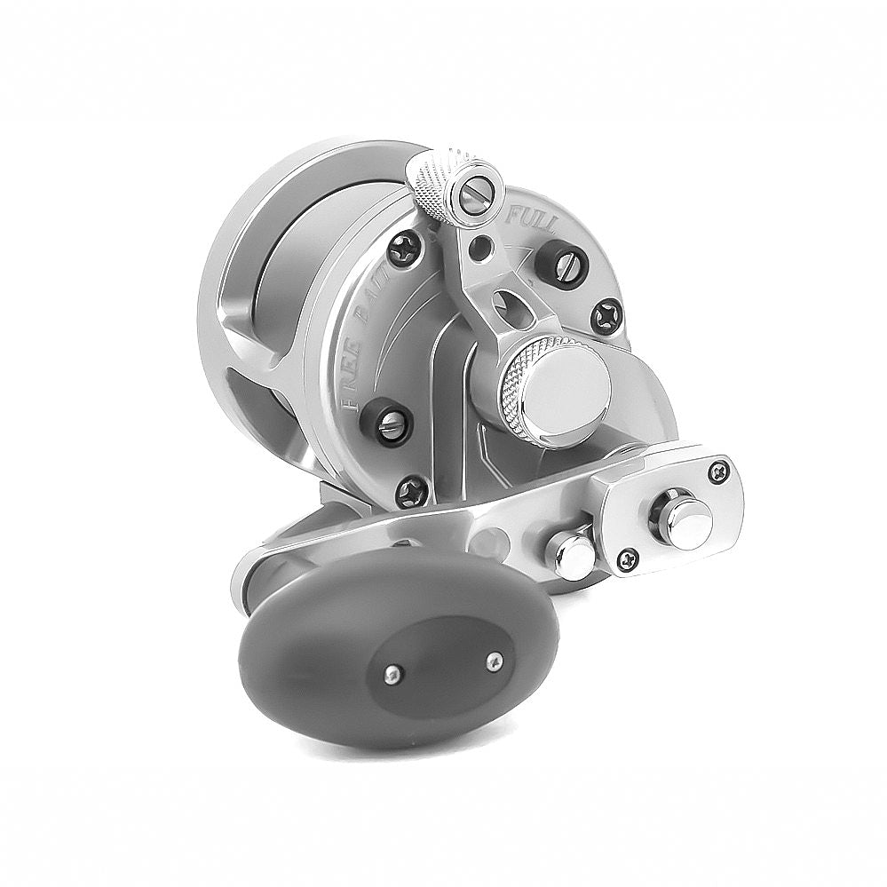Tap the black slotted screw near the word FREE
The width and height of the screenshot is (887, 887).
click(x=387, y=424)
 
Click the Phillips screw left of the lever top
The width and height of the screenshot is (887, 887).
click(x=406, y=249)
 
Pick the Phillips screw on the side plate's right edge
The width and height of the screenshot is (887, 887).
click(x=607, y=315)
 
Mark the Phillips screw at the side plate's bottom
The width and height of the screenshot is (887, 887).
click(x=412, y=491)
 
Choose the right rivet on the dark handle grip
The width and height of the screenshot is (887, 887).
click(x=495, y=661)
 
